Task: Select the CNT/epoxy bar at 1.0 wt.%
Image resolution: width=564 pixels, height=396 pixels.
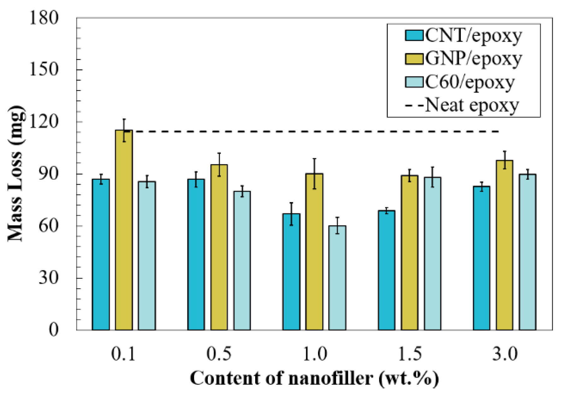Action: click(291, 272)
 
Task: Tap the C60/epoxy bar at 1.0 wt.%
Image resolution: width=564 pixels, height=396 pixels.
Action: click(337, 278)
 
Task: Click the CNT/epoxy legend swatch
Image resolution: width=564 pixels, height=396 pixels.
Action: click(414, 35)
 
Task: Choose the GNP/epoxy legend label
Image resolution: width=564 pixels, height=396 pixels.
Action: click(473, 59)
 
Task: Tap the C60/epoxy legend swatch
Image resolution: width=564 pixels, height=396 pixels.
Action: click(414, 82)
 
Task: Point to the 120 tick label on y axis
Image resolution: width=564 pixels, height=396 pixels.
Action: click(44, 122)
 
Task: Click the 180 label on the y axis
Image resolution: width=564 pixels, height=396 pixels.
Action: click(44, 18)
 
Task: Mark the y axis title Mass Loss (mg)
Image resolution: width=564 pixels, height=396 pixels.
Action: click(16, 174)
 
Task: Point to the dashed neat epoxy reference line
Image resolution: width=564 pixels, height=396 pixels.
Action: click(315, 131)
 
